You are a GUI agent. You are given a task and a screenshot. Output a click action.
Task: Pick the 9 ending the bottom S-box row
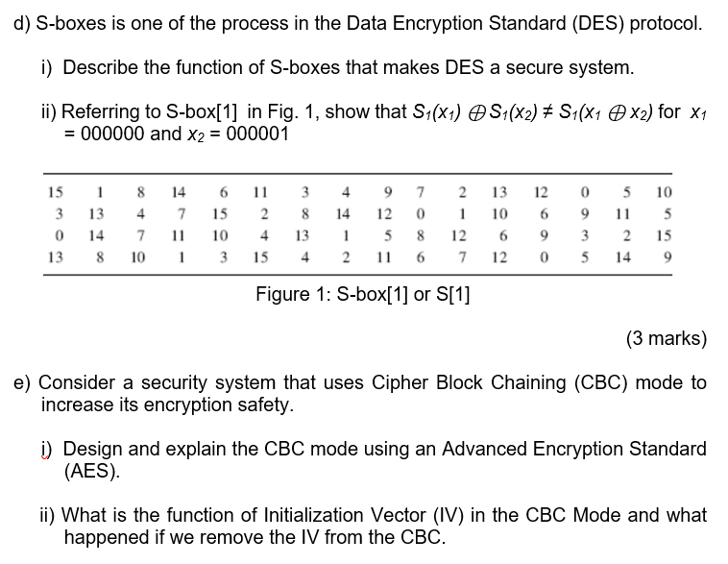click(x=664, y=257)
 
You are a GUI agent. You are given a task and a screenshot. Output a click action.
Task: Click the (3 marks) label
click(x=666, y=338)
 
